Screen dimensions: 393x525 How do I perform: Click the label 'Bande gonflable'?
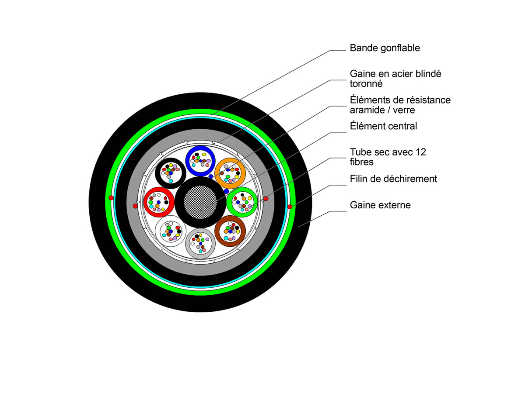[385, 48]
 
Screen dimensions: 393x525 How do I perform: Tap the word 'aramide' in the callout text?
[367, 110]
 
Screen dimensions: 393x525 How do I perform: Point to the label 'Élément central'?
[383, 127]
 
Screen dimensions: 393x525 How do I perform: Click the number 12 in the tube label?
[420, 152]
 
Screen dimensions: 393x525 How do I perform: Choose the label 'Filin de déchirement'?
[393, 179]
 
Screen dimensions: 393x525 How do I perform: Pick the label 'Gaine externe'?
[380, 205]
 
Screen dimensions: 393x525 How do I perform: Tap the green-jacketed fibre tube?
[242, 201]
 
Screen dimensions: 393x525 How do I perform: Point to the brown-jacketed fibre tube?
[230, 231]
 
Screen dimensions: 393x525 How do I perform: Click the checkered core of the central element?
[200, 202]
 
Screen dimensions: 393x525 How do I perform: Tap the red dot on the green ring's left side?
[111, 198]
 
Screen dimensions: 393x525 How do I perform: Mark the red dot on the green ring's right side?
[290, 206]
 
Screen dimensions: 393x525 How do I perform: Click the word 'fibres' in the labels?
[361, 162]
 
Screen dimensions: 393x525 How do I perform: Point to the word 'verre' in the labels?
[404, 110]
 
